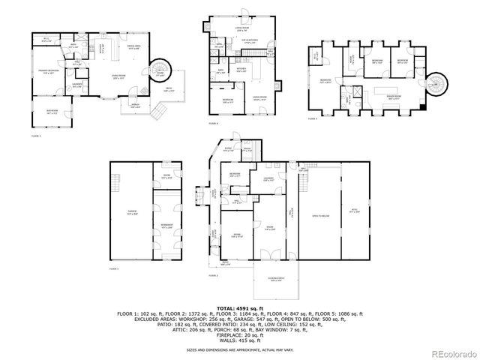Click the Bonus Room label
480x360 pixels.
392,96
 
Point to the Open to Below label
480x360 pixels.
319,215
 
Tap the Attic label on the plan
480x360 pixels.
355,212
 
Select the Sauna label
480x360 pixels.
246,150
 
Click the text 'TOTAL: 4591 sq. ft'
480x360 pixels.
239,308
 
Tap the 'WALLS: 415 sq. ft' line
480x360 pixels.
240,342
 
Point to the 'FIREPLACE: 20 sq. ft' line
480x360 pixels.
240,336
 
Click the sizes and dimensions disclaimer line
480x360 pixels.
239,349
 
